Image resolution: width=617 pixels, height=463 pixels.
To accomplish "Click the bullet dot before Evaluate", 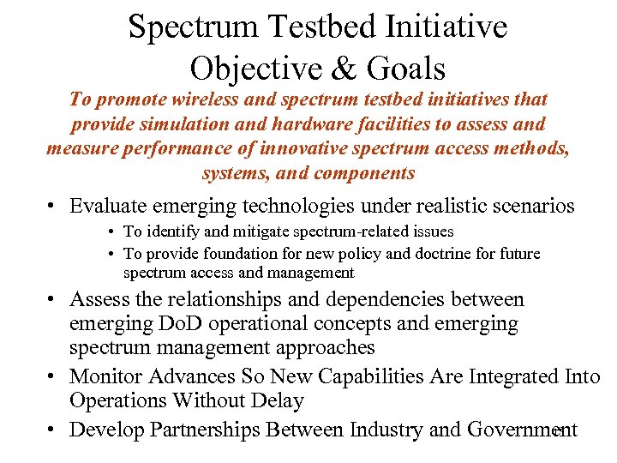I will pos(52,207).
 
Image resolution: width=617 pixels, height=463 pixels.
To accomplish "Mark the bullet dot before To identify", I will pos(113,232).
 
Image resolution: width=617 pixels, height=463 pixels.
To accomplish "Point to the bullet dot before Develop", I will pos(52,430).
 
